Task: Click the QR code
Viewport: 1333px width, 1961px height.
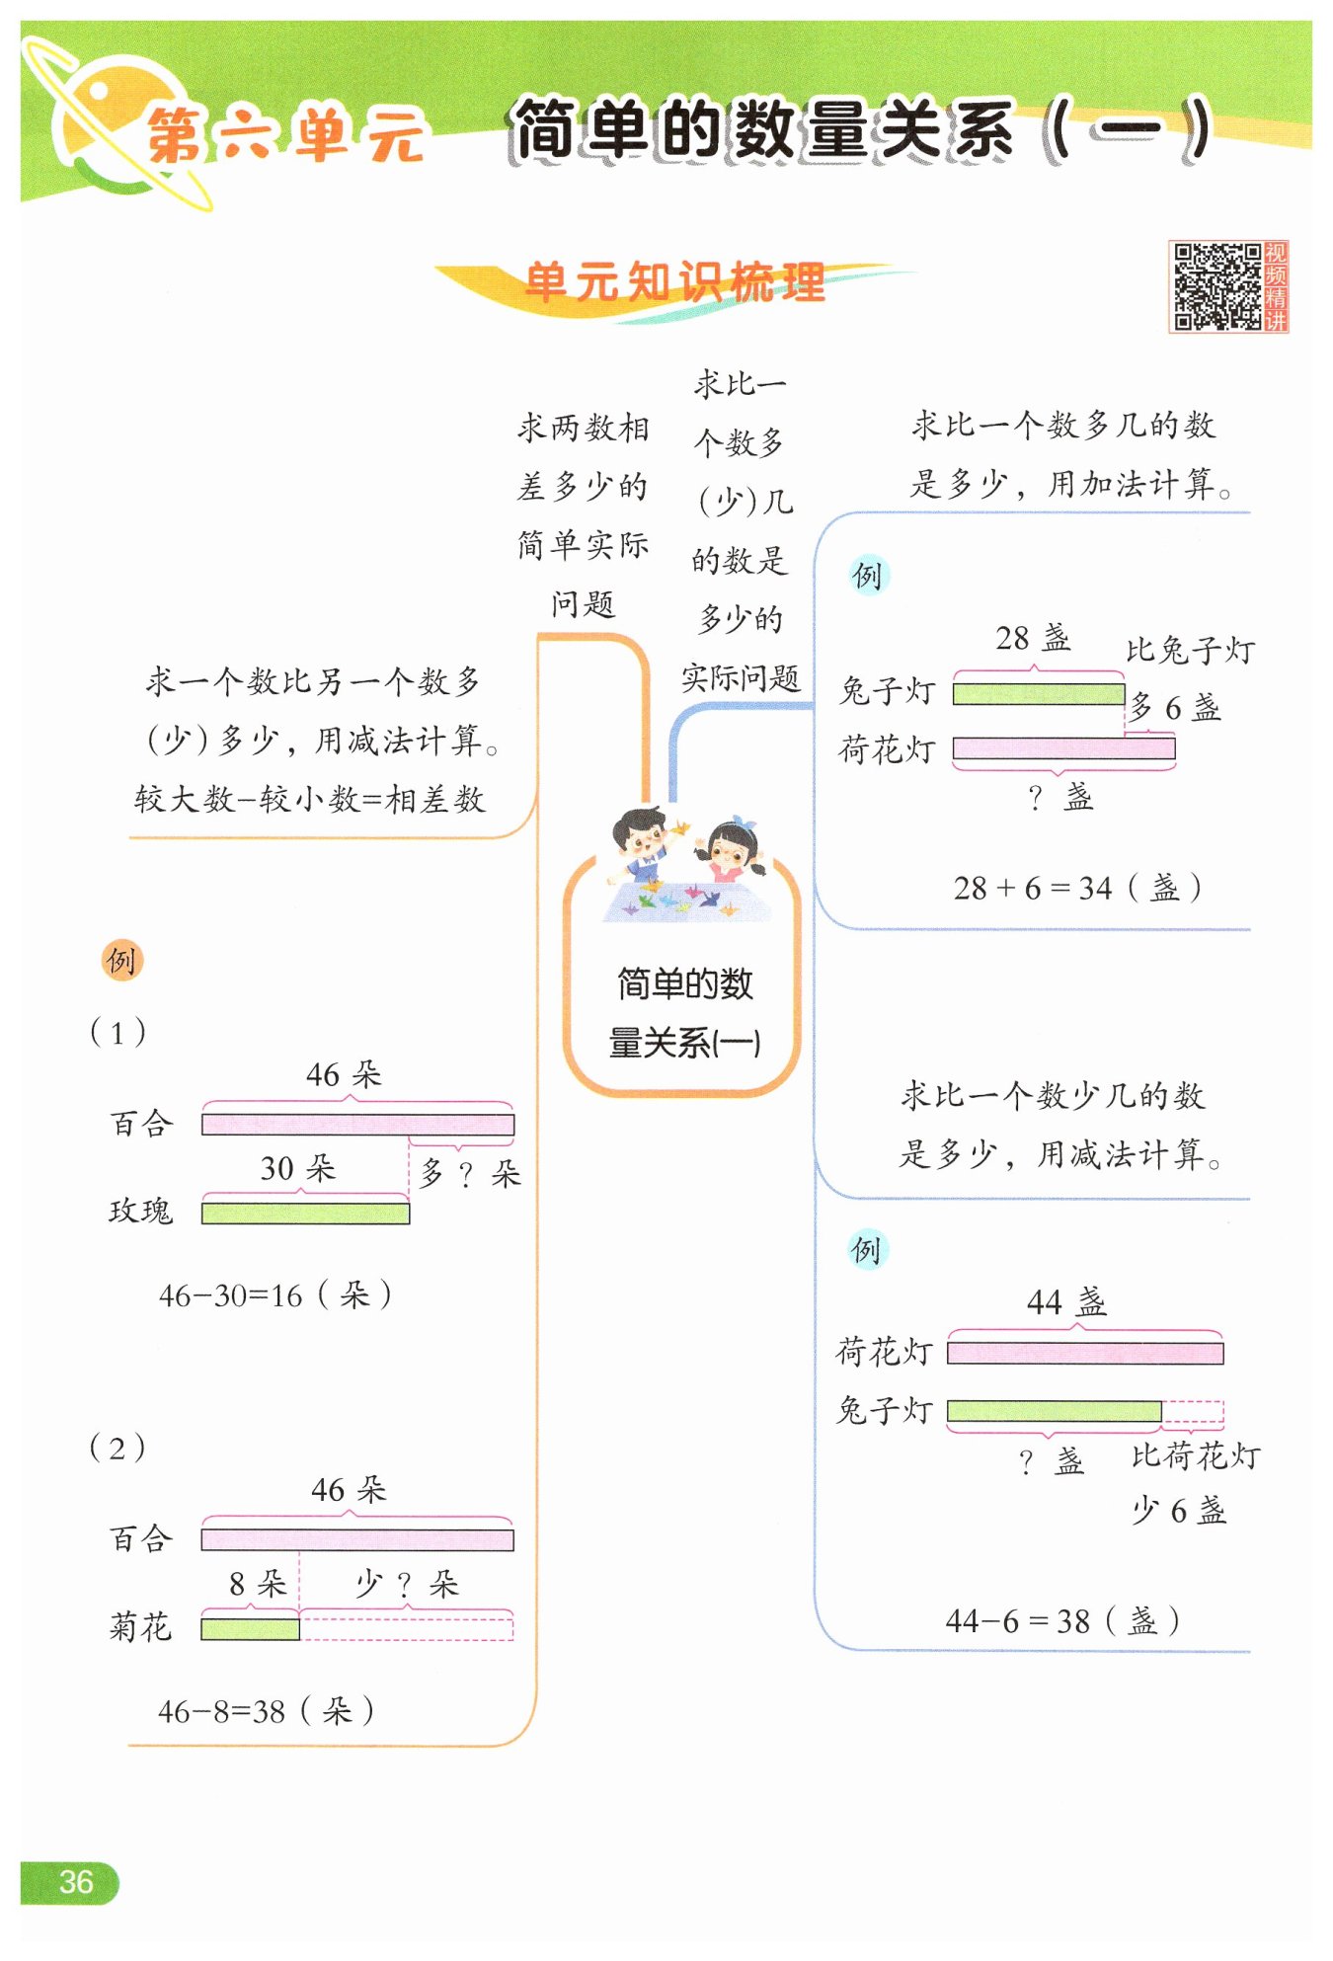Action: (x=1216, y=286)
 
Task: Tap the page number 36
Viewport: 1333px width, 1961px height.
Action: (x=76, y=1881)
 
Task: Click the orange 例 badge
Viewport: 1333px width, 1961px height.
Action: (x=122, y=960)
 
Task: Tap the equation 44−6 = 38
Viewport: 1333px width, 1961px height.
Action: (x=1018, y=1620)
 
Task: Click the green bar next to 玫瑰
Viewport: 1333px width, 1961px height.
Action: (x=305, y=1213)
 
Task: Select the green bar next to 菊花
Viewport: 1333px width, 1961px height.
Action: (x=250, y=1628)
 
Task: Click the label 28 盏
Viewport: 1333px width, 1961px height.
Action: (x=1033, y=638)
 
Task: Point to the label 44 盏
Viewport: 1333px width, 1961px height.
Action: (x=1066, y=1302)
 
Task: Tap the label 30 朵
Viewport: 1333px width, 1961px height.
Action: (x=298, y=1168)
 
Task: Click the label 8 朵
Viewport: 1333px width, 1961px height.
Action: (x=258, y=1584)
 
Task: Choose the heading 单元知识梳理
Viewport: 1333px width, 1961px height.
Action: (x=675, y=282)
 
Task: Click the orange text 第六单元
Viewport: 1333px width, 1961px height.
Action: (x=286, y=135)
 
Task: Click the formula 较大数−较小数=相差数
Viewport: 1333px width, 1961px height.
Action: (x=310, y=799)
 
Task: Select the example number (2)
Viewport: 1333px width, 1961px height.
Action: (x=118, y=1448)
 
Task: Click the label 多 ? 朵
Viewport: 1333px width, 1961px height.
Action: (x=470, y=1173)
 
